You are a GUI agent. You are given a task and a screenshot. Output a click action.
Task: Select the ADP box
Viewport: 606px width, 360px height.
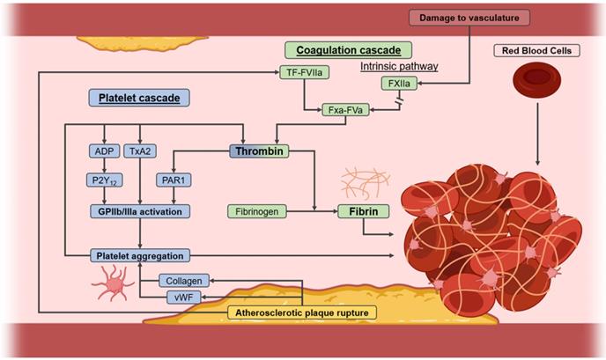click(x=104, y=151)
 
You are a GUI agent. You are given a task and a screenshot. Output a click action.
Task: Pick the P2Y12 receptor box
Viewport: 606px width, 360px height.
click(x=104, y=180)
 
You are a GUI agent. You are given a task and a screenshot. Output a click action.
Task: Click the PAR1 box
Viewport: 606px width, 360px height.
click(x=174, y=180)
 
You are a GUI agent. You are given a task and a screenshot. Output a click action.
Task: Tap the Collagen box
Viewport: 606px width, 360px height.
click(x=186, y=281)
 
